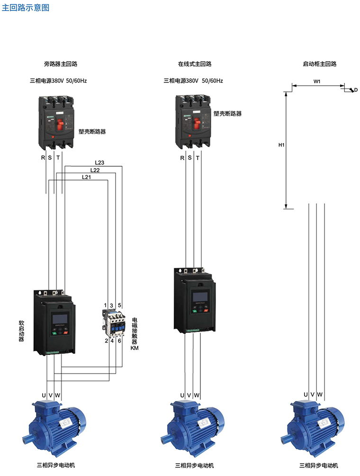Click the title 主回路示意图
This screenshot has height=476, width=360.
[26, 8]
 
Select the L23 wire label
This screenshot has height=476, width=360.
[99, 162]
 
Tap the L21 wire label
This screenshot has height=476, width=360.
[86, 177]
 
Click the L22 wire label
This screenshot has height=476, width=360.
[95, 170]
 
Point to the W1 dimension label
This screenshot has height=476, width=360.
[317, 81]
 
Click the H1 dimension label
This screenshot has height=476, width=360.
[281, 145]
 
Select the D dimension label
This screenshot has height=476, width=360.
[356, 90]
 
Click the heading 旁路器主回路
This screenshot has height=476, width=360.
[61, 63]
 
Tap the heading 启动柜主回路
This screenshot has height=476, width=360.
[319, 63]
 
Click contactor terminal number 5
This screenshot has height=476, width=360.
[120, 305]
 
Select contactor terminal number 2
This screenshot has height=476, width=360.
[106, 340]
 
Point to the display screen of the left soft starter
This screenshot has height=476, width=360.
[60, 318]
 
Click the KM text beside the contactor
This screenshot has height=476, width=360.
[135, 348]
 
